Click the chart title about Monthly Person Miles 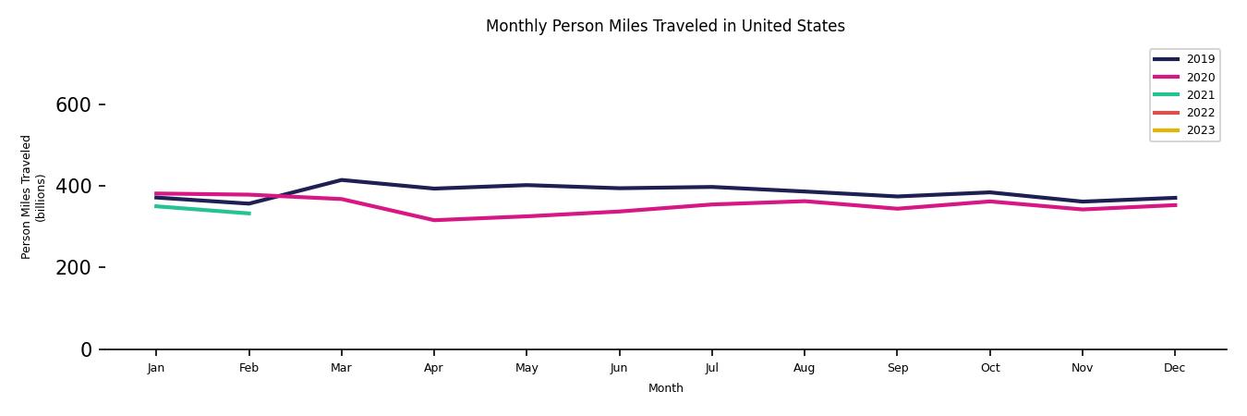pyautogui.click(x=665, y=26)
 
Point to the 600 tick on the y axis pyautogui.click(x=73, y=105)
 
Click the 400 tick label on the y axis pyautogui.click(x=73, y=187)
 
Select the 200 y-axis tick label pyautogui.click(x=73, y=268)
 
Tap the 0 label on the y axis pyautogui.click(x=86, y=349)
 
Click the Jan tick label pyautogui.click(x=156, y=368)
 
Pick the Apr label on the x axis pyautogui.click(x=433, y=368)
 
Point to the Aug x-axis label pyautogui.click(x=804, y=368)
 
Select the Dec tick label pyautogui.click(x=1174, y=368)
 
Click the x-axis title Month pyautogui.click(x=665, y=388)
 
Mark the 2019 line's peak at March pyautogui.click(x=341, y=180)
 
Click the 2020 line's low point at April pyautogui.click(x=433, y=220)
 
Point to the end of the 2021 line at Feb pyautogui.click(x=248, y=214)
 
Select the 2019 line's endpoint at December pyautogui.click(x=1175, y=198)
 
